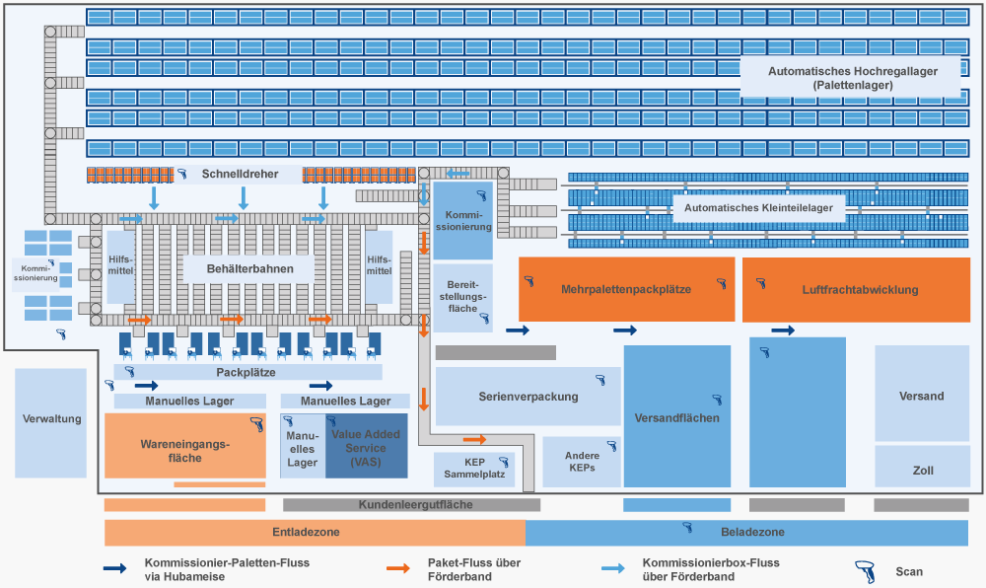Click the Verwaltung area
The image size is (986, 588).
(x=51, y=419)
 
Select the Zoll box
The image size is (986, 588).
(x=922, y=471)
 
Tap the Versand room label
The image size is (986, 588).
(x=922, y=396)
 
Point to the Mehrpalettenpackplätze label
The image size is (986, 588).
(x=626, y=289)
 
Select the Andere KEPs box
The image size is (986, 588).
(x=582, y=462)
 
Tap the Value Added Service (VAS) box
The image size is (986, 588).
(x=366, y=447)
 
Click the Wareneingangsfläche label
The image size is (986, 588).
(x=184, y=451)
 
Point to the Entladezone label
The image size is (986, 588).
(x=306, y=533)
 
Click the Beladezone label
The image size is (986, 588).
(x=752, y=533)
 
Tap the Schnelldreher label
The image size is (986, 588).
(x=240, y=175)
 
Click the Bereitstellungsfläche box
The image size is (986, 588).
(x=462, y=296)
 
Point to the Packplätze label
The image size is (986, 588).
(x=246, y=373)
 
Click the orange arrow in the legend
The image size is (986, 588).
(x=398, y=569)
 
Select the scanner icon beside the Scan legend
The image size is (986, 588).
(x=865, y=571)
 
